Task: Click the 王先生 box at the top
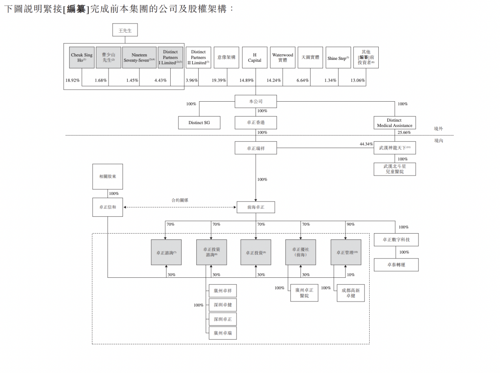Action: coord(125,30)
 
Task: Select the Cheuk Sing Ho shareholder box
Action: coord(82,58)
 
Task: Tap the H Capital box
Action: coord(255,58)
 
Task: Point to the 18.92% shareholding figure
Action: coord(72,80)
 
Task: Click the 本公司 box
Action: coord(256,101)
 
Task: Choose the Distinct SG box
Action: coord(199,122)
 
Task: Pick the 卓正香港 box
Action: coord(256,122)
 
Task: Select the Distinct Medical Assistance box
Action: coord(394,122)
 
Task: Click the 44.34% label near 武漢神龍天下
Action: coord(366,144)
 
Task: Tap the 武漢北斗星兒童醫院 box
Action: coord(394,169)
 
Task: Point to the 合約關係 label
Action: coord(180,200)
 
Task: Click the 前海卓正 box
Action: coord(256,207)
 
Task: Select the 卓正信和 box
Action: coord(108,207)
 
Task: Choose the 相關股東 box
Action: coord(108,176)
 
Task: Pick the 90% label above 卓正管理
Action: coord(350,225)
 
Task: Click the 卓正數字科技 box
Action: coord(396,239)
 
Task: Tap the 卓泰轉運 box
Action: coord(396,265)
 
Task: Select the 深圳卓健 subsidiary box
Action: coord(223,305)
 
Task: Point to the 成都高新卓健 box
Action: coord(351,293)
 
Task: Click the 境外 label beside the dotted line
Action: coord(438,129)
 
